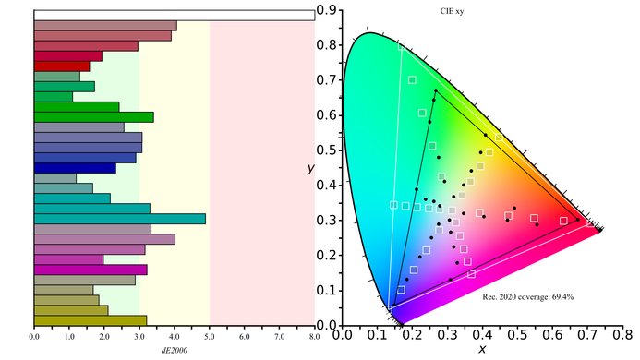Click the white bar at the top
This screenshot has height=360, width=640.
[174, 15]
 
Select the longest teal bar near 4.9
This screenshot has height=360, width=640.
[119, 219]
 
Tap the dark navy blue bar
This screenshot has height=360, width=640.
[74, 168]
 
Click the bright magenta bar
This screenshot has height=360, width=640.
[90, 270]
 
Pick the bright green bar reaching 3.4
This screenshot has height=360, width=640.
[93, 117]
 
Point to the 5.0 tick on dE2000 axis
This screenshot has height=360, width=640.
[210, 337]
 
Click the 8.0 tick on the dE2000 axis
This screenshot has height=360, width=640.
[314, 337]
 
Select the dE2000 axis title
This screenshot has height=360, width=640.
[174, 351]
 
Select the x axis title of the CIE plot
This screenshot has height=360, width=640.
[482, 351]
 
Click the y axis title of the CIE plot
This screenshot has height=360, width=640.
[311, 170]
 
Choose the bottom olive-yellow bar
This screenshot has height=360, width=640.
[90, 320]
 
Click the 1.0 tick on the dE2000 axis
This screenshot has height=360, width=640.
[69, 337]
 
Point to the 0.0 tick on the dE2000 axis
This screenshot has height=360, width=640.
[34, 337]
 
